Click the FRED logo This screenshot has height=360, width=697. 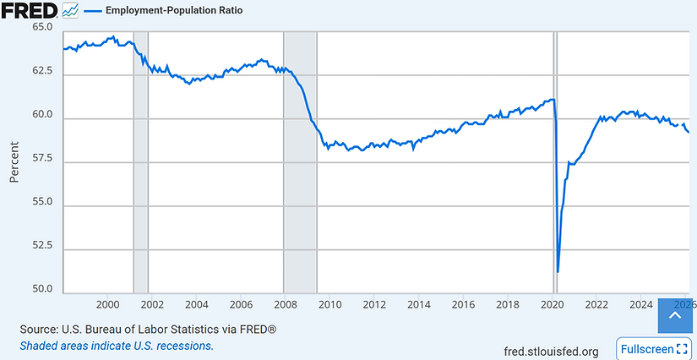29,11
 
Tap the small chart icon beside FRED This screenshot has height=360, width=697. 71,11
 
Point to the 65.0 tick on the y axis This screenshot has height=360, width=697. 42,27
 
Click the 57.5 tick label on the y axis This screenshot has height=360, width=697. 42,159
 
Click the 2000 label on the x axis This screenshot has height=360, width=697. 107,304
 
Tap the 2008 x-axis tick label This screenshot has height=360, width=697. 285,304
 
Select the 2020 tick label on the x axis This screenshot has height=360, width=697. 552,304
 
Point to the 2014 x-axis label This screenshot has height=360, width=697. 418,304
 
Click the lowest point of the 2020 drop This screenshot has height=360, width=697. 558,271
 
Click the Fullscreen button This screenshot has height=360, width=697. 654,349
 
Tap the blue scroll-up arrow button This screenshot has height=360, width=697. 674,316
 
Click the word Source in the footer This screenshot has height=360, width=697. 40,329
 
